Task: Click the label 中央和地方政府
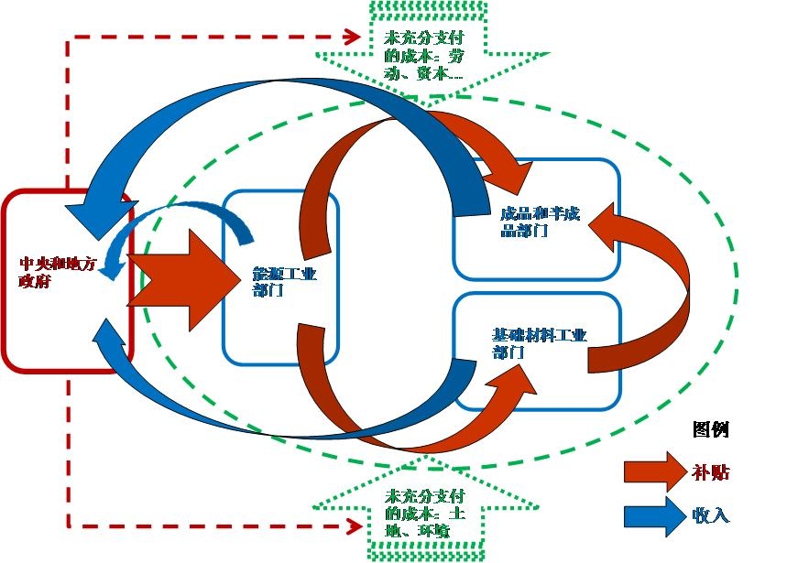click(x=57, y=273)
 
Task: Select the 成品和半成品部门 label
click(x=540, y=222)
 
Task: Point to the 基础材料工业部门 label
click(x=538, y=342)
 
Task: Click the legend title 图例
click(x=711, y=429)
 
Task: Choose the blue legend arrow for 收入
click(x=654, y=514)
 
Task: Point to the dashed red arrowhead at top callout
click(x=351, y=37)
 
